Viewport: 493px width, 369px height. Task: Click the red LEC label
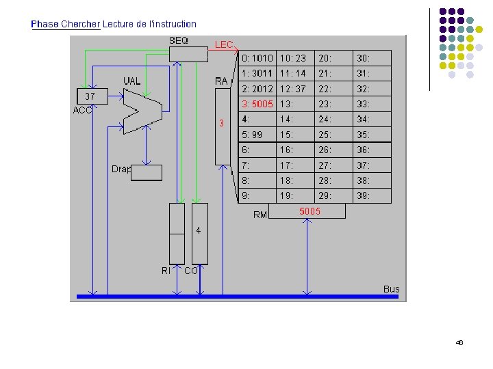tap(225, 44)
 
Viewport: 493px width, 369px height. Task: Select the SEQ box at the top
tap(188, 53)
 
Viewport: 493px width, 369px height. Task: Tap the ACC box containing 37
tap(91, 97)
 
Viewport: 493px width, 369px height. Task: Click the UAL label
tap(132, 81)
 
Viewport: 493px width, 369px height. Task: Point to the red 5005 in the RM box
tap(309, 212)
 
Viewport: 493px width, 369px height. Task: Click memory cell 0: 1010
tap(257, 59)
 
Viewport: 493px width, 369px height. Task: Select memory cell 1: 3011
tap(257, 74)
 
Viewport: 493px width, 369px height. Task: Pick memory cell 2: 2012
tap(257, 89)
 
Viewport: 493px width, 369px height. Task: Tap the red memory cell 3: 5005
tap(257, 105)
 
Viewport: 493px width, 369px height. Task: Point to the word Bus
tap(391, 289)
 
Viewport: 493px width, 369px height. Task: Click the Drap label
tap(121, 169)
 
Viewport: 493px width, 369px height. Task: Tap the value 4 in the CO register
tap(199, 231)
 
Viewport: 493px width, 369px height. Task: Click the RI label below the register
tap(166, 271)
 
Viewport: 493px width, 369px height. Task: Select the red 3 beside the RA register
tap(221, 124)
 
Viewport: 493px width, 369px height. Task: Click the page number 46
tap(459, 342)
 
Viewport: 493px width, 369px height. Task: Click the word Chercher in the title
tap(80, 24)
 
